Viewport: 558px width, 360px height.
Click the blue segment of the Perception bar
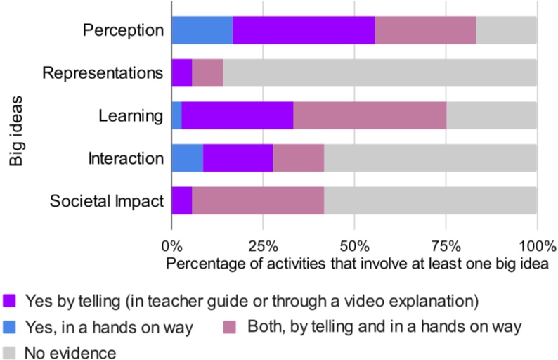[202, 30]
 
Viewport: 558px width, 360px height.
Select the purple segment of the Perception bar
[304, 30]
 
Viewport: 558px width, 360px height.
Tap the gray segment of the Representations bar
[379, 73]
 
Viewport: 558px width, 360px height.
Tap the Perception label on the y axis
[123, 30]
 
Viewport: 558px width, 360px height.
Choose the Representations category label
[103, 73]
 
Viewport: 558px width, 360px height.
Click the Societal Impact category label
[107, 202]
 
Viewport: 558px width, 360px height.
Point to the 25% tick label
[263, 247]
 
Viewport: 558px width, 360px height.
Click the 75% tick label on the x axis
[446, 247]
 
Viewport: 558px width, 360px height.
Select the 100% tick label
[537, 247]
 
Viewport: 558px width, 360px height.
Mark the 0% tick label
[172, 247]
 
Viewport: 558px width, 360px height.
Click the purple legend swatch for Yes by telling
[11, 302]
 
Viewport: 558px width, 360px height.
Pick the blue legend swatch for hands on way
[11, 326]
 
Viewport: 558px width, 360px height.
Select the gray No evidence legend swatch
[11, 351]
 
